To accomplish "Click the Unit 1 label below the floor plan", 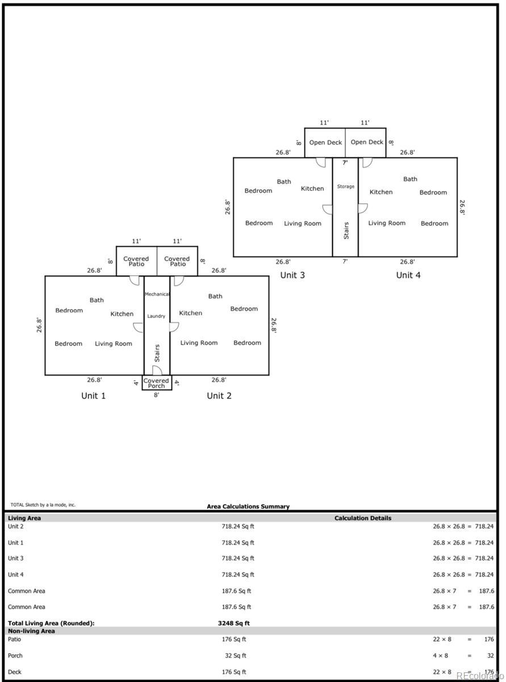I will pos(93,396).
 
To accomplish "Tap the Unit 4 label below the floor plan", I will pos(408,275).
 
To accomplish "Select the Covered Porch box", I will pos(156,383).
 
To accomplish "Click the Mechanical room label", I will pos(157,294).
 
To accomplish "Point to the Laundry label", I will pos(156,316).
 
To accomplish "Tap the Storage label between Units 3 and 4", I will pos(345,186).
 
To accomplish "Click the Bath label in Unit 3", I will pos(284,182).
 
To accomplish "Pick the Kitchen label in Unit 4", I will pos(380,192).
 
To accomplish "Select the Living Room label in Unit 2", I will pos(199,343).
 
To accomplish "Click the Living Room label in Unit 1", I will pos(113,343).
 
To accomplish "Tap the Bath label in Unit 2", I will pos(215,296).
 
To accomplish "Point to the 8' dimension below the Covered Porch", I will pos(156,394).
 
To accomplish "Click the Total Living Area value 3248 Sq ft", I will pos(234,623).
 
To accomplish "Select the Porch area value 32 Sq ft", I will pos(236,655).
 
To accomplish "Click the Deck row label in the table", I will pos(15,672).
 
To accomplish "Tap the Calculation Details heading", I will pos(362,518).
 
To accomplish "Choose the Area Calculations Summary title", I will pos(248,506).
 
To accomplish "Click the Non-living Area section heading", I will pos(31,631).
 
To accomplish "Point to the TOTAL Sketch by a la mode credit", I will pos(43,505).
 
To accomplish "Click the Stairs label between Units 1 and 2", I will pos(157,353).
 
